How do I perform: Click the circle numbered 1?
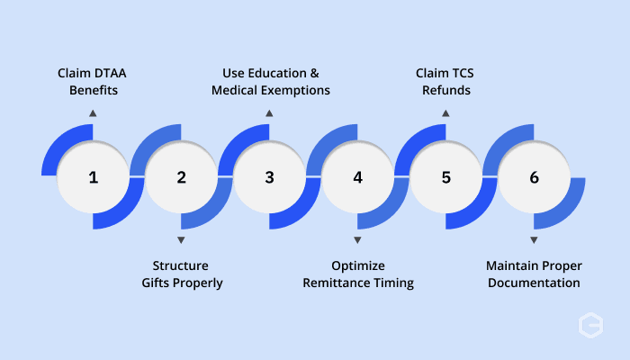(93, 176)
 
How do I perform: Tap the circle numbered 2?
(181, 176)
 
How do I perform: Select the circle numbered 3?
(269, 176)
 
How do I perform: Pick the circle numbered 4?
(357, 176)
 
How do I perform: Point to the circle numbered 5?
(445, 176)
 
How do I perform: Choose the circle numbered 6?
(534, 176)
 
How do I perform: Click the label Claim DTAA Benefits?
(92, 82)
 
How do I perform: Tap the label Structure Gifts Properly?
(182, 274)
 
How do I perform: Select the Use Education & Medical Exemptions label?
(270, 82)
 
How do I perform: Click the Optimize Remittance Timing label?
(358, 274)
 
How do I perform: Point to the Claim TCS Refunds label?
(445, 82)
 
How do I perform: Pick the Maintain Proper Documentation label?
(534, 274)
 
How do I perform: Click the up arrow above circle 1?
(93, 113)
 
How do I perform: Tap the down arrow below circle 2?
(181, 240)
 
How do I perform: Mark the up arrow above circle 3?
(269, 113)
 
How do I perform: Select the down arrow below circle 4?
(357, 240)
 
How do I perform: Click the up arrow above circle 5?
(445, 113)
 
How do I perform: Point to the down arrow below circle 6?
(534, 240)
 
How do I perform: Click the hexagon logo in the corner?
(590, 325)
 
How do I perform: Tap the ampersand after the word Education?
(315, 73)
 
